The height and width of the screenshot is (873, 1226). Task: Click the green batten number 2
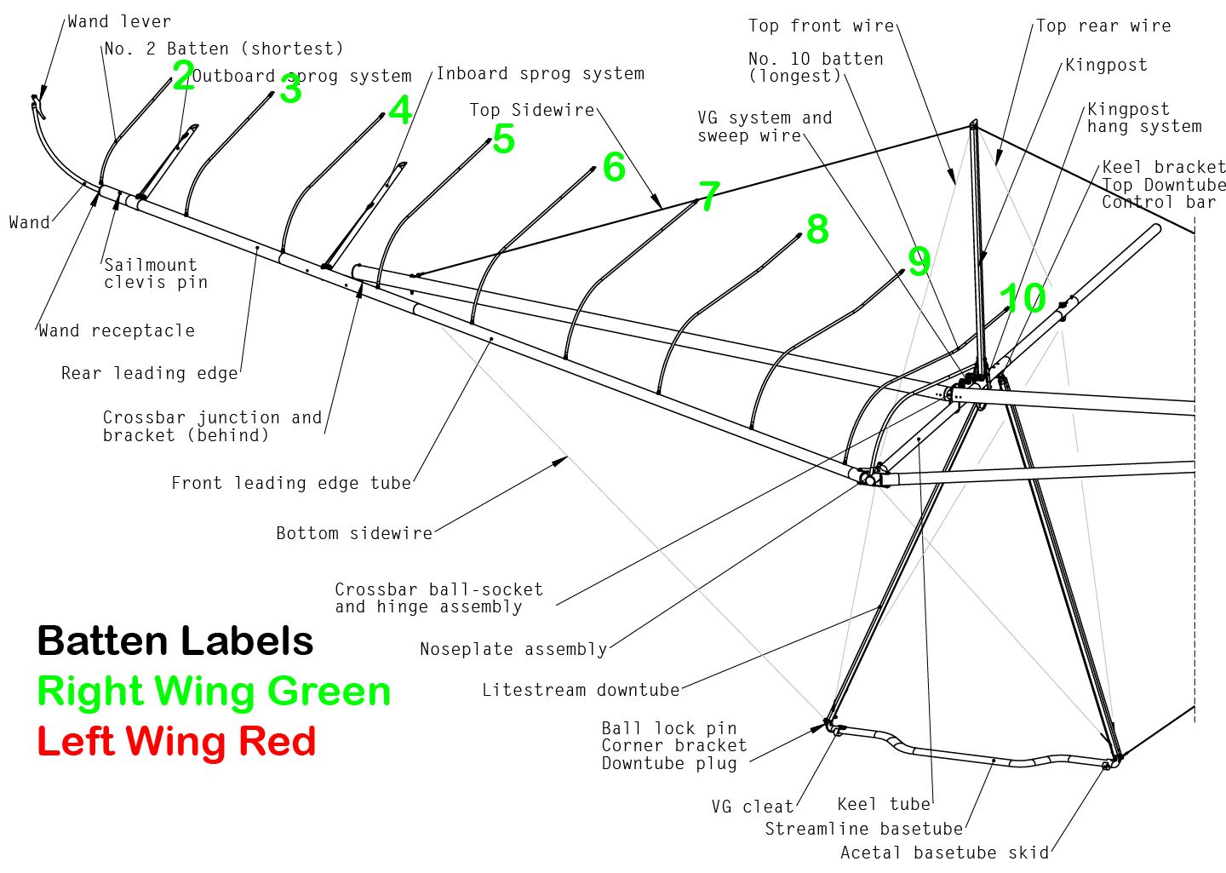(183, 77)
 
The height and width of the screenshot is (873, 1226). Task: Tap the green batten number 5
(503, 140)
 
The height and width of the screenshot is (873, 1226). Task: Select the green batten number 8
(817, 229)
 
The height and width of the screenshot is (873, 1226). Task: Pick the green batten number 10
(1023, 298)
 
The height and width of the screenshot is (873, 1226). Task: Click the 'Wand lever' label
(119, 21)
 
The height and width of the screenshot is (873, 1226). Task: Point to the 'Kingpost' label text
(1106, 65)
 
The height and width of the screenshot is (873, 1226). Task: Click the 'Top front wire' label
(821, 26)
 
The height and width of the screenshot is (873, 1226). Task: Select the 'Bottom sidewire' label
(354, 533)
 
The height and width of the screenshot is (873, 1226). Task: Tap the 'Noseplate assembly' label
(513, 649)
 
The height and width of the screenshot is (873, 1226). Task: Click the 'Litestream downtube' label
(581, 690)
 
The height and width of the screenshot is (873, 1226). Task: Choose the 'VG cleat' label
(753, 807)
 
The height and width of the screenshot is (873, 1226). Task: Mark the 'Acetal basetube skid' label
(944, 853)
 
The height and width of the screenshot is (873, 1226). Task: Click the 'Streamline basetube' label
(864, 829)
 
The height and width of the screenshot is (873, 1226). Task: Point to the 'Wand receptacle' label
(117, 330)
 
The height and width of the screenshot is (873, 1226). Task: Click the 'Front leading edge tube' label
(291, 483)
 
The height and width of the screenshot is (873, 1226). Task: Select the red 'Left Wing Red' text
(176, 741)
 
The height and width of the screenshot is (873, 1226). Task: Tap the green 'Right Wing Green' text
(214, 691)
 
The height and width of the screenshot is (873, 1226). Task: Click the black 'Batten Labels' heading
(175, 640)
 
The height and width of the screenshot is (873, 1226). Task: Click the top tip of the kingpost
(973, 123)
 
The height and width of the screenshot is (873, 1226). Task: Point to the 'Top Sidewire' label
(531, 110)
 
